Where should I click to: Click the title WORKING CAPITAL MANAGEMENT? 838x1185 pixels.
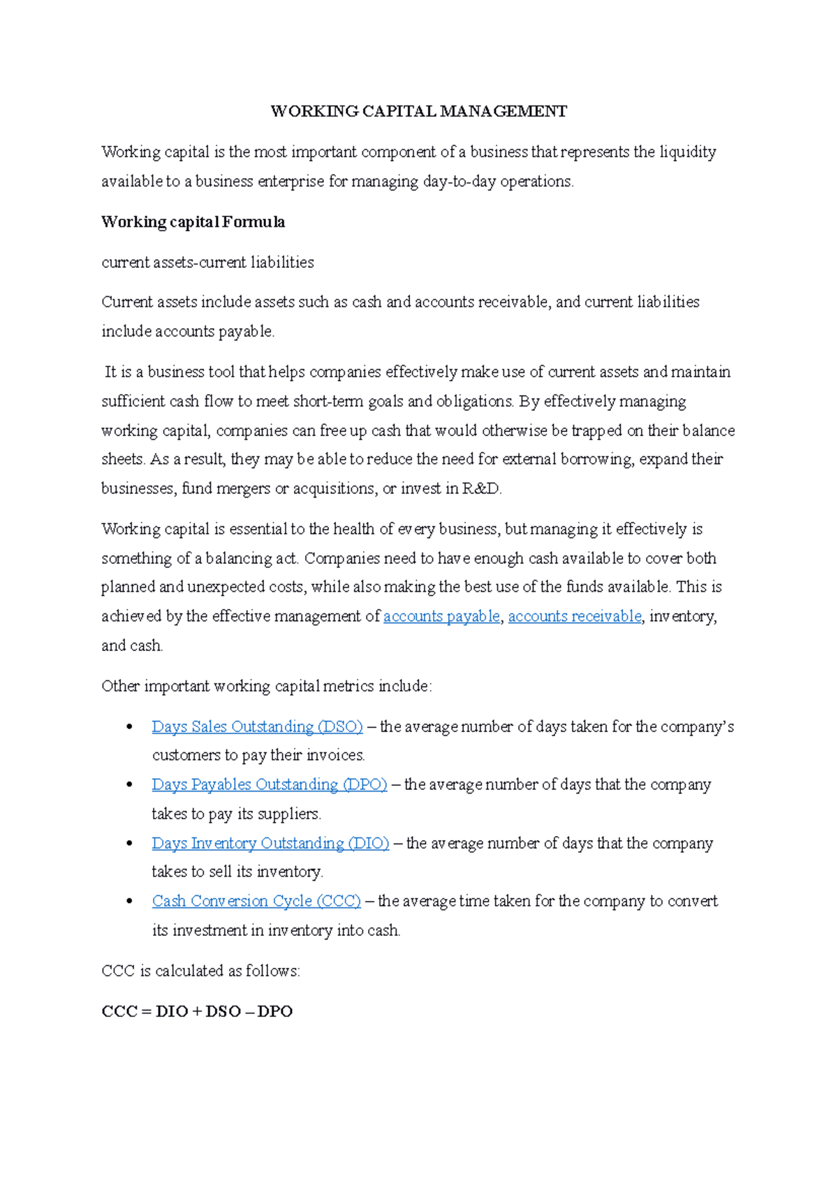pyautogui.click(x=418, y=112)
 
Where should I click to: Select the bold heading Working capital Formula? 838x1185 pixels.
pyautogui.click(x=193, y=223)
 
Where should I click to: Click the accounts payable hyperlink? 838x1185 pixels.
pyautogui.click(x=441, y=616)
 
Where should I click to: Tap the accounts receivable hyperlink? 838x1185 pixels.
pyautogui.click(x=574, y=616)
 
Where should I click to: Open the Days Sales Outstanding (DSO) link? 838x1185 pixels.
pyautogui.click(x=257, y=726)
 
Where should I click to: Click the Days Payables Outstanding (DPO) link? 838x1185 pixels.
pyautogui.click(x=269, y=784)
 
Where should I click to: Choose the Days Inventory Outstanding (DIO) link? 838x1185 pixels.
pyautogui.click(x=270, y=843)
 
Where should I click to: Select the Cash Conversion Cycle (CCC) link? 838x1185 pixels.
pyautogui.click(x=256, y=901)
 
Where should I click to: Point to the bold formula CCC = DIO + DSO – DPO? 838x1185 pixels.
pyautogui.click(x=197, y=1011)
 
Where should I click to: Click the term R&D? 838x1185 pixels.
pyautogui.click(x=481, y=489)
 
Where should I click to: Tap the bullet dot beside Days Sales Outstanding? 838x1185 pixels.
pyautogui.click(x=129, y=727)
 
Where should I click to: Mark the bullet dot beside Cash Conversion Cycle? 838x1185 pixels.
pyautogui.click(x=129, y=902)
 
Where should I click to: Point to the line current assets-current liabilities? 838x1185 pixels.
pyautogui.click(x=207, y=262)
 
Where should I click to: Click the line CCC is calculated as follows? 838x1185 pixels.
pyautogui.click(x=200, y=971)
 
